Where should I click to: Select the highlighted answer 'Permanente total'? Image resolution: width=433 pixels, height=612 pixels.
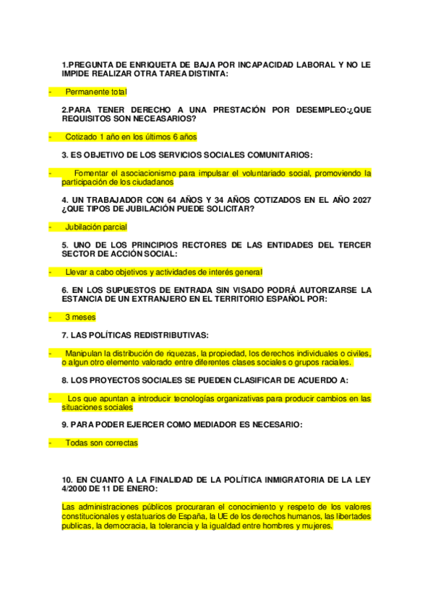(95, 92)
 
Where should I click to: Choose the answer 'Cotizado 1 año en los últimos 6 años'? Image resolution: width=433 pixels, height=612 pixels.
(131, 136)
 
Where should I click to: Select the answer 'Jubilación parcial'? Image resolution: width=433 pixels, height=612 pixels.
(95, 227)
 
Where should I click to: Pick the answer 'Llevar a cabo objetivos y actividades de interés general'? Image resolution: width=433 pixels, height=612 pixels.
(163, 272)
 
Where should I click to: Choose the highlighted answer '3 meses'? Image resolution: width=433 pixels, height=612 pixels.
(80, 317)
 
